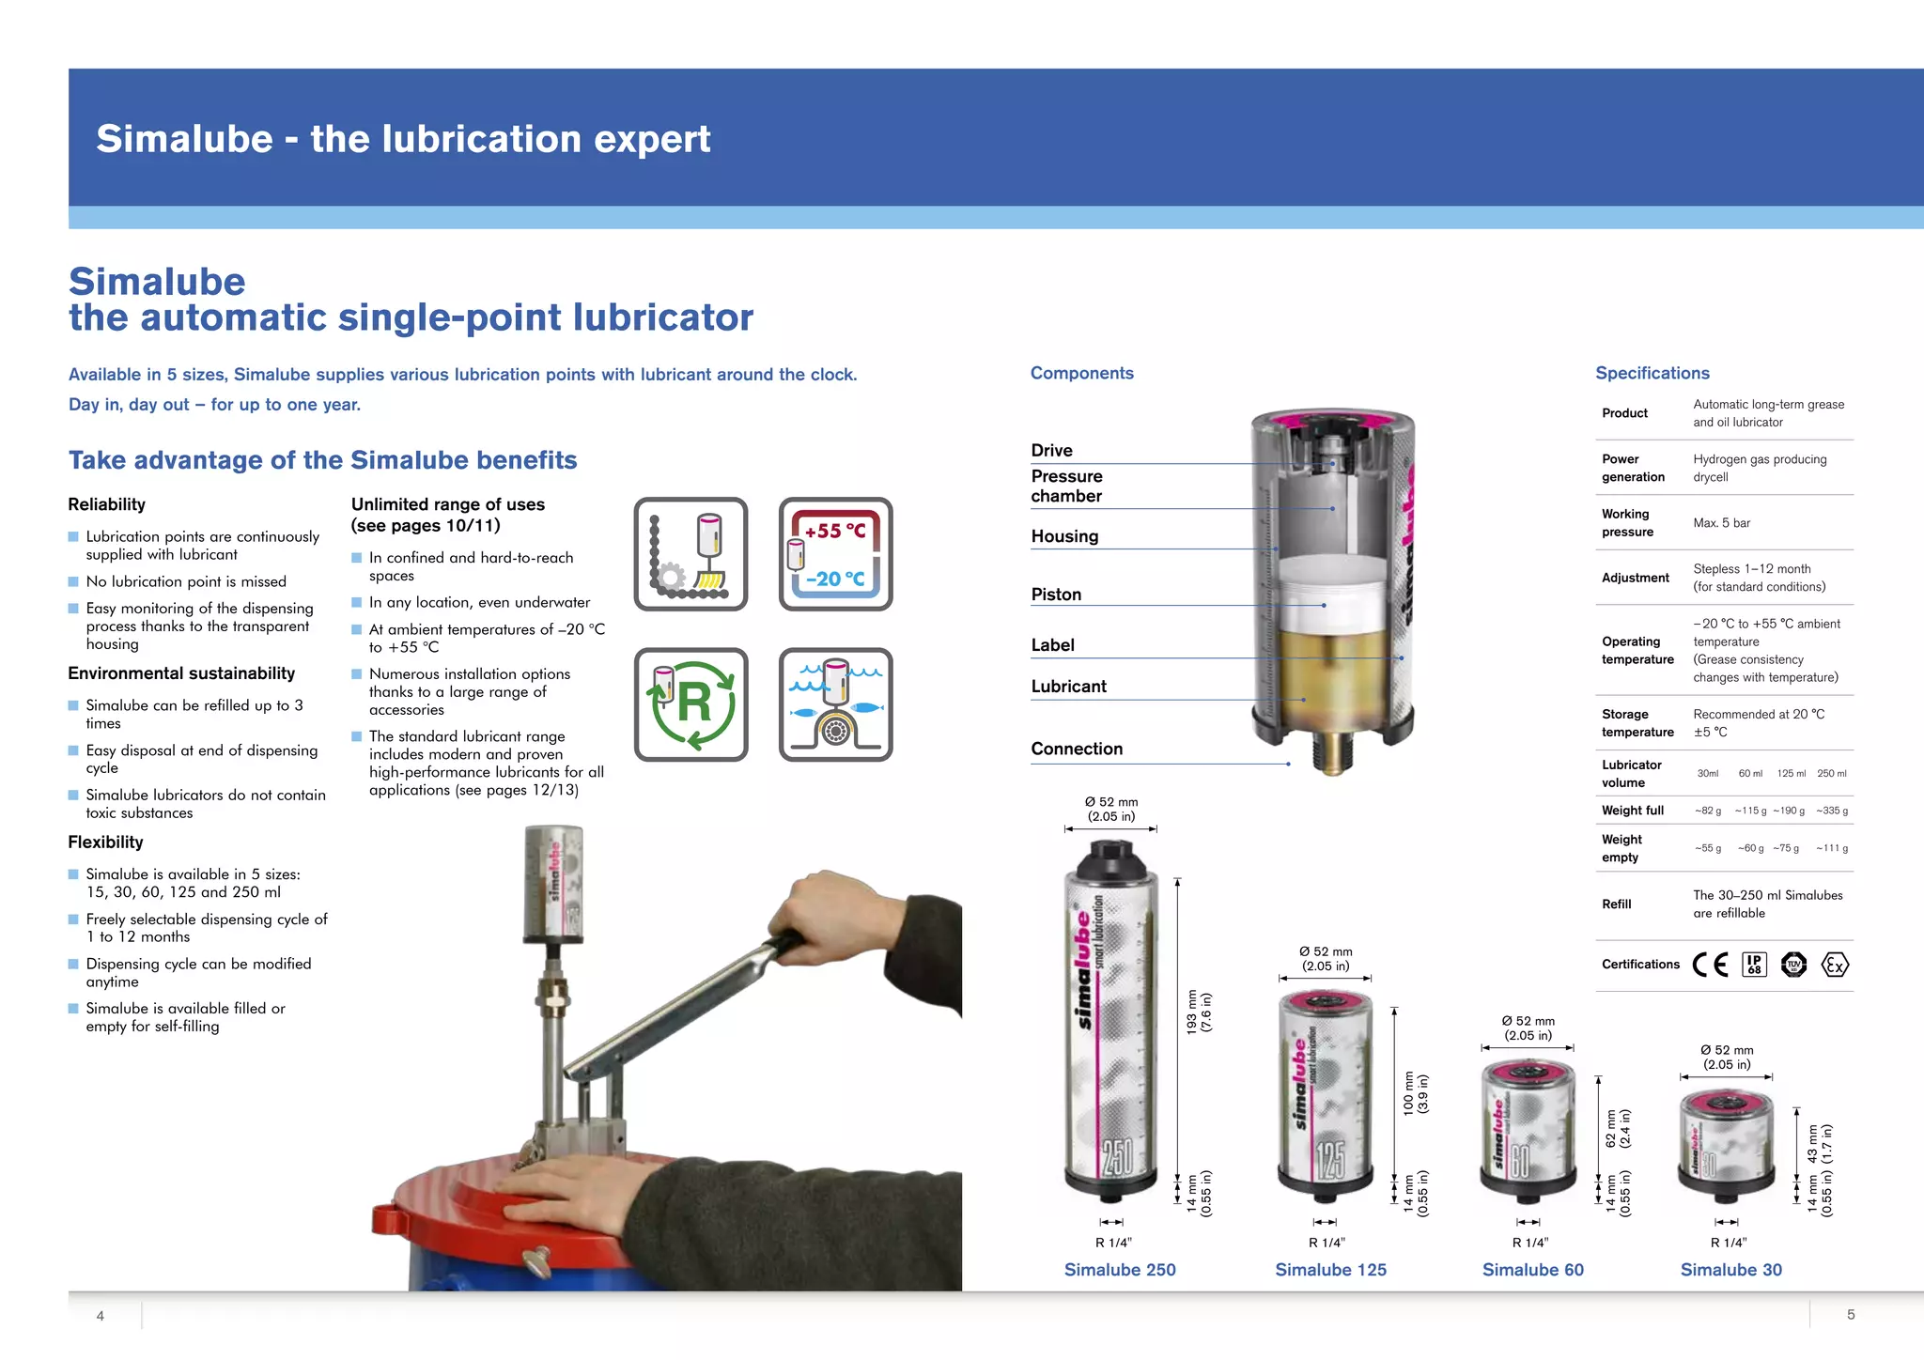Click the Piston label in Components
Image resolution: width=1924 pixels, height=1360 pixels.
coord(1056,595)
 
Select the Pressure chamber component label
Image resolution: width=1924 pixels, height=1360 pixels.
coord(1066,486)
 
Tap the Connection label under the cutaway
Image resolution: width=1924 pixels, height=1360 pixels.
coord(1077,749)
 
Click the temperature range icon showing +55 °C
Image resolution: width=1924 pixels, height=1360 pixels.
coord(835,554)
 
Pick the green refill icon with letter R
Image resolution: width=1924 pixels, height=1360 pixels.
coord(690,704)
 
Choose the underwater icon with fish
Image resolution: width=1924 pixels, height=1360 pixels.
coord(835,704)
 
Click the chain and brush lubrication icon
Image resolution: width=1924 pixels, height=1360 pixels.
coord(690,554)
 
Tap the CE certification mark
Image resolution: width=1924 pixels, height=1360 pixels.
coord(1710,965)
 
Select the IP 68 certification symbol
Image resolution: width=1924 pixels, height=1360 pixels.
coord(1754,965)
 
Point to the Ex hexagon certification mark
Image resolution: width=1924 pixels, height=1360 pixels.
coord(1834,965)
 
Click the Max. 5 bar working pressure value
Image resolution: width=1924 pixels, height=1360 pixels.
coord(1721,523)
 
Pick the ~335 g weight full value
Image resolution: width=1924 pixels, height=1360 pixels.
coord(1831,811)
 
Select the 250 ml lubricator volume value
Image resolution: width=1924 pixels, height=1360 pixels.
coord(1831,774)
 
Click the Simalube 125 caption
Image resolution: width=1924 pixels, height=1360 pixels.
coord(1330,1270)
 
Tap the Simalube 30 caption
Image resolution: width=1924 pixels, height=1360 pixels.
coord(1730,1270)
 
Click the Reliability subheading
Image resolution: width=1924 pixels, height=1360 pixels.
coord(106,504)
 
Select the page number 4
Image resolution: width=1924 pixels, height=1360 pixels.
coord(101,1316)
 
